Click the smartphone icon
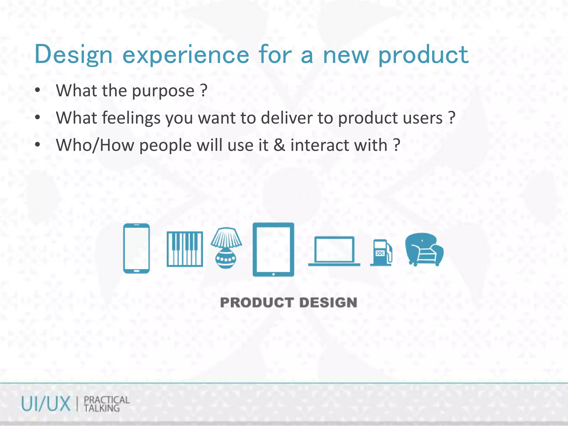point(136,248)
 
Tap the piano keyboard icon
point(185,249)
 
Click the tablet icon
point(273,249)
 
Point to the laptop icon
point(334,251)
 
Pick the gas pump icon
point(381,253)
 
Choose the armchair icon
point(424,249)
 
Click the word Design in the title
point(73,55)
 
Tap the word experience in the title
point(186,55)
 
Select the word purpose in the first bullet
point(163,91)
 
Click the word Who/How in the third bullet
point(95,145)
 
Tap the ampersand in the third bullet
point(279,145)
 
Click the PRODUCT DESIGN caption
point(288,302)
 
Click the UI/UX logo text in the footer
point(46,404)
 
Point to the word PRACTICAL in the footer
point(107,400)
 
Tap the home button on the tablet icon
point(273,274)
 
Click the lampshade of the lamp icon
point(226,237)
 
